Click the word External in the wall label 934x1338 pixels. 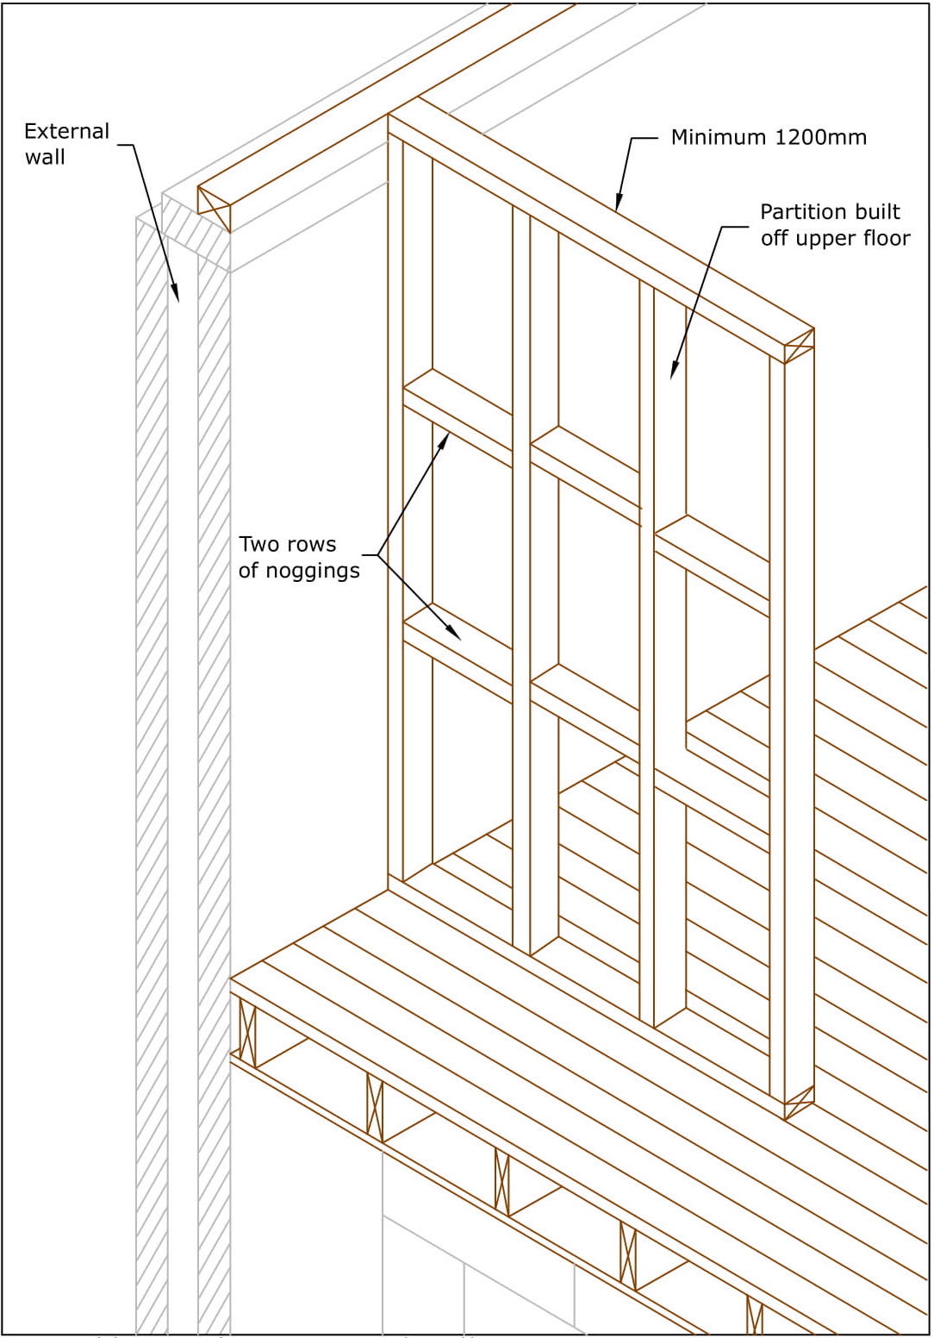66,132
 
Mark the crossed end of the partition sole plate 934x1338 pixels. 799,1103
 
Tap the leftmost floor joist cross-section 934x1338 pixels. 247,1033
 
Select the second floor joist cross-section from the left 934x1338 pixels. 375,1107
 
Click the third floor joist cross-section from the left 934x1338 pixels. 501,1181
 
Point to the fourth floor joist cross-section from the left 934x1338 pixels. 628,1255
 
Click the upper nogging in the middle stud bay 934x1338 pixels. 585,455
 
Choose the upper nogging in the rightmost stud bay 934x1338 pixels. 712,552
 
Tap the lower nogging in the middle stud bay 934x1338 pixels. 585,694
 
